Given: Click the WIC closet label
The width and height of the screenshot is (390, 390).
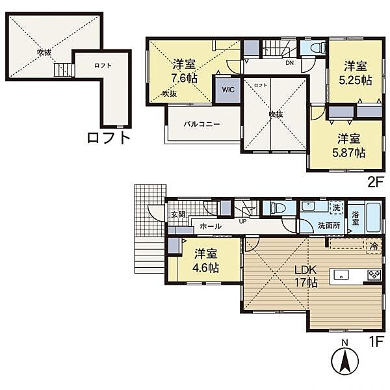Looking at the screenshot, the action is tap(228, 90).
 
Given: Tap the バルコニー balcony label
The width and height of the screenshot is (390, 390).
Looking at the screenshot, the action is tap(201, 124).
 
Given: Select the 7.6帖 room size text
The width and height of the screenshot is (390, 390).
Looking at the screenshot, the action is tap(185, 79).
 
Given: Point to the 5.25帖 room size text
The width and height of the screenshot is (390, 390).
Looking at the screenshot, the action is tap(356, 80).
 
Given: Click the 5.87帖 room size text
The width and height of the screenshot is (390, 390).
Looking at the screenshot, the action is tap(349, 153).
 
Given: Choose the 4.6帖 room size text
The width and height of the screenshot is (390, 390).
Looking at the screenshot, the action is tap(206, 268).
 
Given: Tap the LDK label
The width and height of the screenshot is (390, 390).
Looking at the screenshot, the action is tap(305, 269).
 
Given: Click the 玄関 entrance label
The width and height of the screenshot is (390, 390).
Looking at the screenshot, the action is tap(178, 214).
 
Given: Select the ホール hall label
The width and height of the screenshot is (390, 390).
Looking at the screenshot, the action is tap(211, 226).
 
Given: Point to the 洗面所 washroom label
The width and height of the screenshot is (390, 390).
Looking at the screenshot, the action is tap(329, 226).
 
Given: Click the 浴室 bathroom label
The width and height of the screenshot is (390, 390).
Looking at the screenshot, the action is tap(355, 218).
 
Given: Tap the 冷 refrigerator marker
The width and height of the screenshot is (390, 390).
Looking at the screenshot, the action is tap(374, 246).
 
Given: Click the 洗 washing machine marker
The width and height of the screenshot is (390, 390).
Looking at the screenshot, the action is tap(336, 208).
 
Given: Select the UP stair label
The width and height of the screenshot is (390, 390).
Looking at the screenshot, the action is tap(242, 221).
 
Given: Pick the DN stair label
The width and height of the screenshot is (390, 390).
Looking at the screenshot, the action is tap(289, 63).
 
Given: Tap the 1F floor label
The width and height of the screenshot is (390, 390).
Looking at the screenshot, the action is tap(376, 341).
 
